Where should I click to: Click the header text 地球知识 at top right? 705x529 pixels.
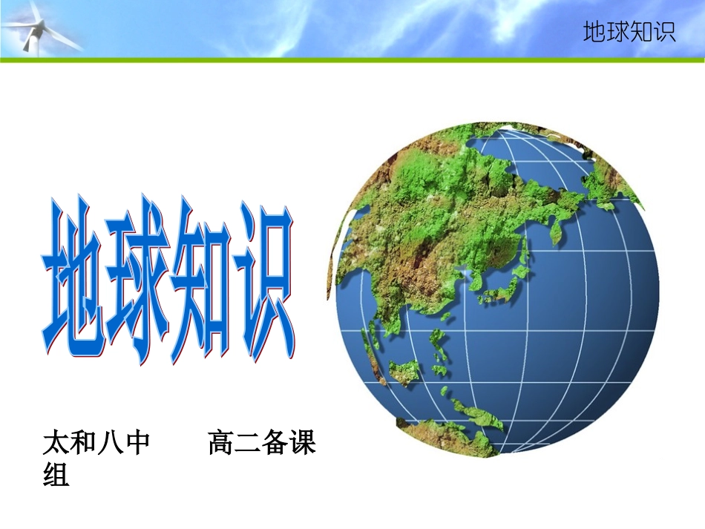[x=629, y=33]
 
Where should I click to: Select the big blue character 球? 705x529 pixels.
[x=138, y=278]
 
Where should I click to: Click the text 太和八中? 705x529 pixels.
[x=96, y=443]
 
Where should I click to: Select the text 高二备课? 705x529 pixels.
[x=262, y=443]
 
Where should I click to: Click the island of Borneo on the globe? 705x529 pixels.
[x=405, y=371]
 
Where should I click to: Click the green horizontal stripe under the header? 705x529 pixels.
[x=352, y=59]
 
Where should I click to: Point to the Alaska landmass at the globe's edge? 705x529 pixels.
[x=616, y=178]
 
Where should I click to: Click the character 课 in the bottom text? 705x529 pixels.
[x=303, y=443]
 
